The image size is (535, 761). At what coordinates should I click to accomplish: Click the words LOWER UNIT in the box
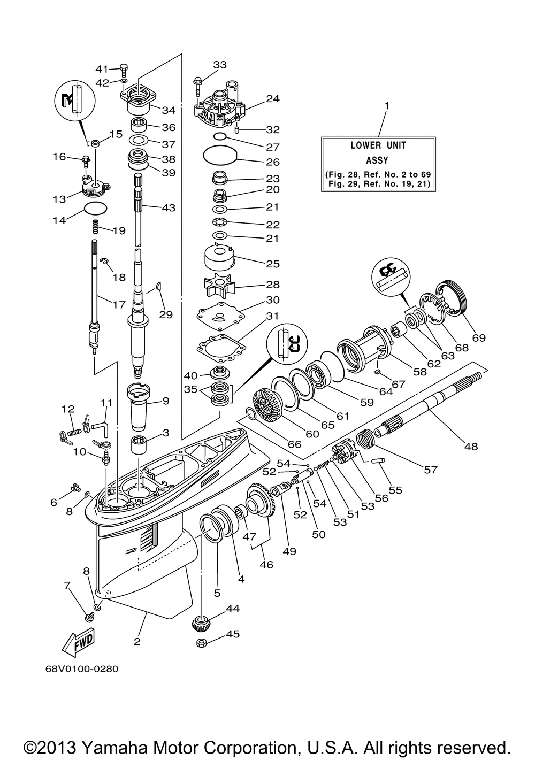(x=378, y=145)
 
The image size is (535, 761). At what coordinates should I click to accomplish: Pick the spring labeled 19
(x=96, y=227)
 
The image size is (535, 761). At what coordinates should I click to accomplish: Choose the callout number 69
(x=479, y=337)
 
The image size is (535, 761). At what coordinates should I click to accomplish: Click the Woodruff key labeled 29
(x=158, y=286)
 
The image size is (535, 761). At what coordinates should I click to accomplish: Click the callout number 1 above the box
(x=386, y=106)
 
